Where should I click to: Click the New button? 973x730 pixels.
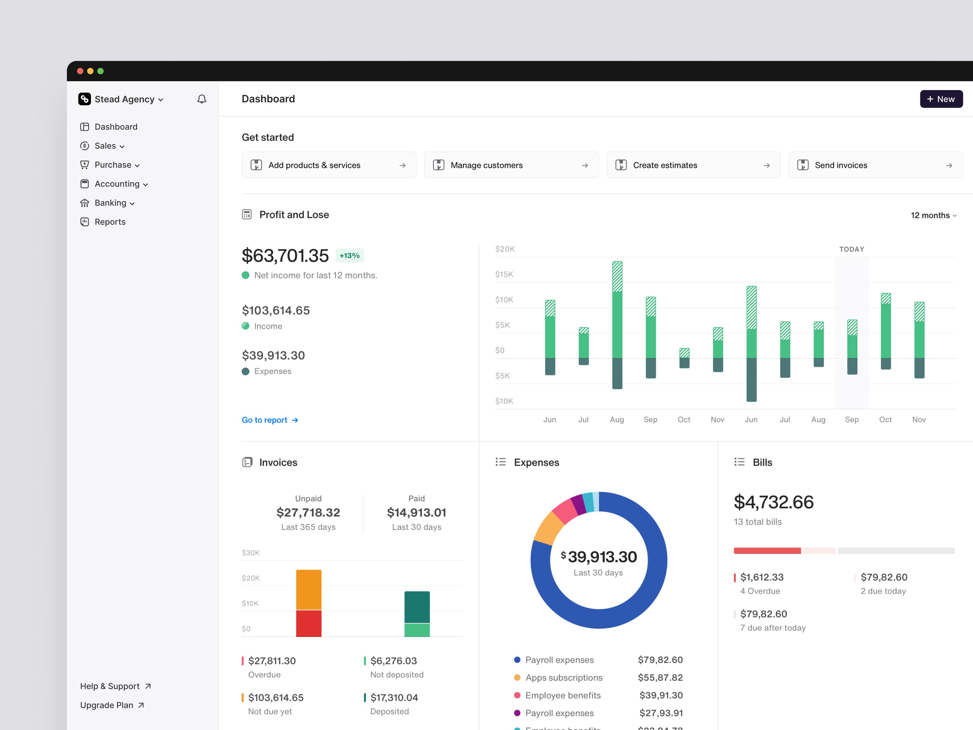[x=941, y=99]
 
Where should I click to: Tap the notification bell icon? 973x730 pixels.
[x=202, y=99]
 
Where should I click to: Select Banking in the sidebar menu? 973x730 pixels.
[x=110, y=203]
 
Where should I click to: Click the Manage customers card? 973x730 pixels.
[x=511, y=165]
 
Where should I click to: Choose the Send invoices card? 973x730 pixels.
[x=875, y=165]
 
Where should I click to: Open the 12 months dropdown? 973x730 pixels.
[x=933, y=215]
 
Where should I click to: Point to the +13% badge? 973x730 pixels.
[x=349, y=256]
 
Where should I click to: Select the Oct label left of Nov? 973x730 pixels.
[x=885, y=420]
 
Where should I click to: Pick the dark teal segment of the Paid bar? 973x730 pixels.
[x=417, y=607]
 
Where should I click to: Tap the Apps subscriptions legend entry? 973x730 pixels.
[x=563, y=678]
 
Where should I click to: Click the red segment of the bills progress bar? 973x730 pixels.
[x=767, y=551]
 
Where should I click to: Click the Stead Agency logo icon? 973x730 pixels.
[x=85, y=99]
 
